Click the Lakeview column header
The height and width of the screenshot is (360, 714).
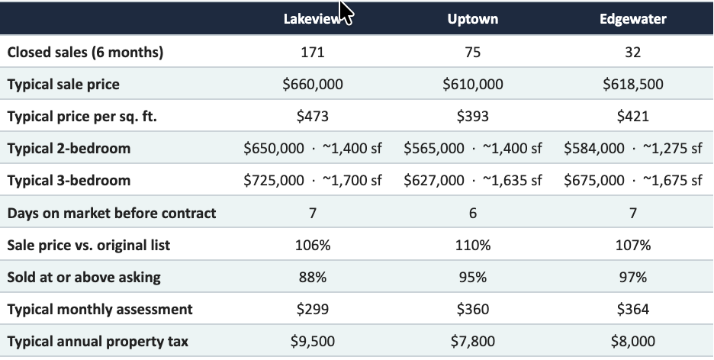coord(313,18)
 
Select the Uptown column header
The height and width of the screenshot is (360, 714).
coord(473,18)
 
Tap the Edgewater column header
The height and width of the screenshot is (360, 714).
coord(633,18)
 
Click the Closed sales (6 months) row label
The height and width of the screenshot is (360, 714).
coord(85,53)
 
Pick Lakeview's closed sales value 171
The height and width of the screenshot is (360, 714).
coord(313,53)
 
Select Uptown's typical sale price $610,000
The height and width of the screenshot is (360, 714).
coord(473,84)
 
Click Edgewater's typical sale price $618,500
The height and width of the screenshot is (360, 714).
coord(633,84)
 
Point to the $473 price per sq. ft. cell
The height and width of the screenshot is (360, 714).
coord(313,117)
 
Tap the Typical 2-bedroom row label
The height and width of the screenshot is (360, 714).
coord(69,149)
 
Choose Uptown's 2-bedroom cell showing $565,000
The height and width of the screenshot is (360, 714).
coord(473,149)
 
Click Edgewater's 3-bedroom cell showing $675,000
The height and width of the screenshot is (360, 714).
coord(633,181)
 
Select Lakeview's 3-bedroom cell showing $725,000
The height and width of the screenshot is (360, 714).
coord(313,181)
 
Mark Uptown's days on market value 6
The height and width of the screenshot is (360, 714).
coord(473,213)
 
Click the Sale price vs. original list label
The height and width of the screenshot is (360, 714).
coord(88,246)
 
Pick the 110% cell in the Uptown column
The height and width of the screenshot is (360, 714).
coord(473,246)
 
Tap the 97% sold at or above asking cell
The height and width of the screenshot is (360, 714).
coord(633,277)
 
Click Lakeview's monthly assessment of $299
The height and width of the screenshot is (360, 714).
coord(313,310)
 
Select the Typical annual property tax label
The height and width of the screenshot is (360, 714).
coord(98,342)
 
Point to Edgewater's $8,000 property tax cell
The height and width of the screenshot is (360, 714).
coord(633,342)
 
